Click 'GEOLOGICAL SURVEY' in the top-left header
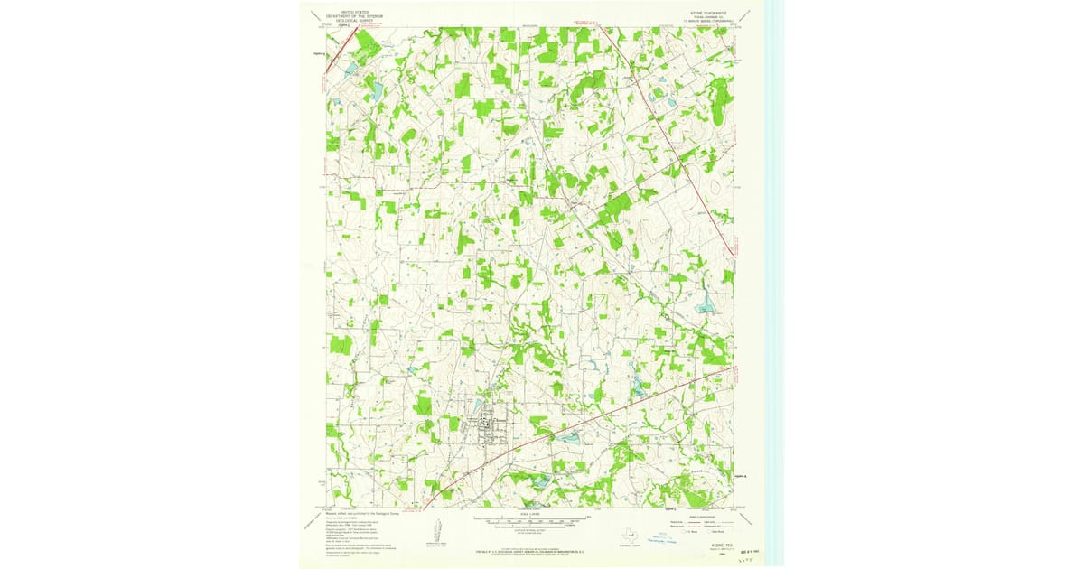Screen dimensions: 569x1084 (354, 22)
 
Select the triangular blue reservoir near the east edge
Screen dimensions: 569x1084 (705, 306)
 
